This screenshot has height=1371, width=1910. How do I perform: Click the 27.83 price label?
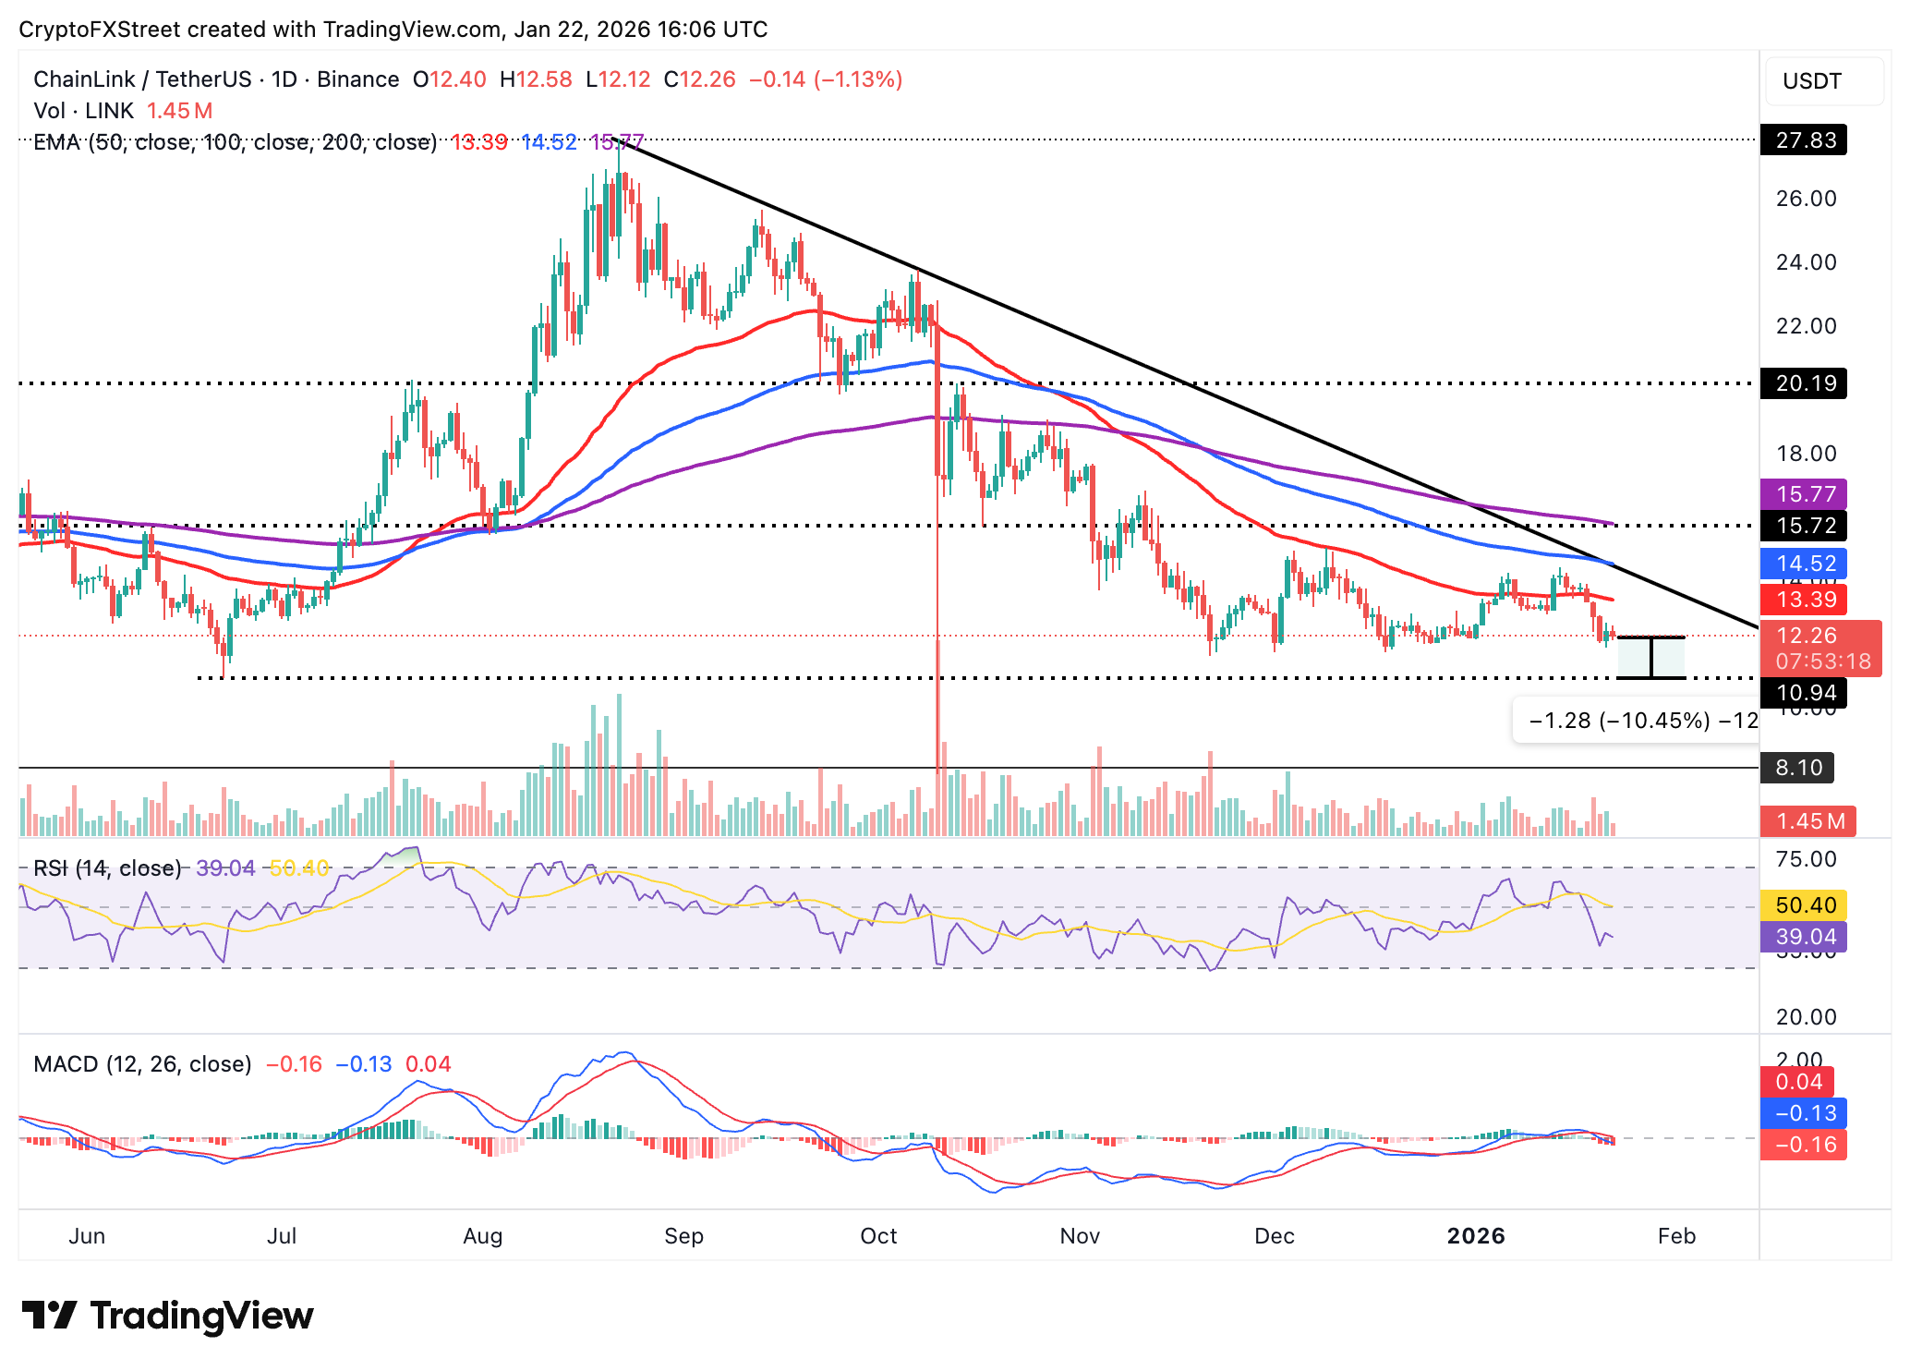point(1805,140)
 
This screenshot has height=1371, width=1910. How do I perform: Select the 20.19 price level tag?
point(1805,383)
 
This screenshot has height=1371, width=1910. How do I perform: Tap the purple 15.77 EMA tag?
point(1805,493)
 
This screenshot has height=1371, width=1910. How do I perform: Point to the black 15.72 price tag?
point(1805,526)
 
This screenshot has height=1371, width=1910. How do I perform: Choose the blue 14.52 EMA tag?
point(1805,564)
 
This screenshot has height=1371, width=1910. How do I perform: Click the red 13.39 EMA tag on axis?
point(1805,600)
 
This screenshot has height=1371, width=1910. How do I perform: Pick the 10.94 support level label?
point(1805,693)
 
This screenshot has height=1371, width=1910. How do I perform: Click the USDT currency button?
point(1812,81)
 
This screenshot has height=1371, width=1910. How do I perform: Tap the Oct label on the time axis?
point(878,1236)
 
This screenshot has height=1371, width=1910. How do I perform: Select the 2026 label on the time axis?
point(1476,1236)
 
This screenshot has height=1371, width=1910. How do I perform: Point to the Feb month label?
point(1676,1236)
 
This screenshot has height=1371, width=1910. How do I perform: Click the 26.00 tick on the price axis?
point(1806,199)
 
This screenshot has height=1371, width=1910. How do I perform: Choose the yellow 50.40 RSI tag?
point(1805,905)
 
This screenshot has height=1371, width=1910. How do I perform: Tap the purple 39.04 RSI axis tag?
point(1805,937)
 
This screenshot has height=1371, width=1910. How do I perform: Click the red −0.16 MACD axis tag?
point(1805,1145)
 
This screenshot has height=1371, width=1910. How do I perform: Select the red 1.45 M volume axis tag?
point(1808,821)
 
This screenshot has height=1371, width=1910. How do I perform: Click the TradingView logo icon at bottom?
point(49,1316)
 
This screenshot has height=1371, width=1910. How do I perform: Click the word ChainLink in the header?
point(84,79)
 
